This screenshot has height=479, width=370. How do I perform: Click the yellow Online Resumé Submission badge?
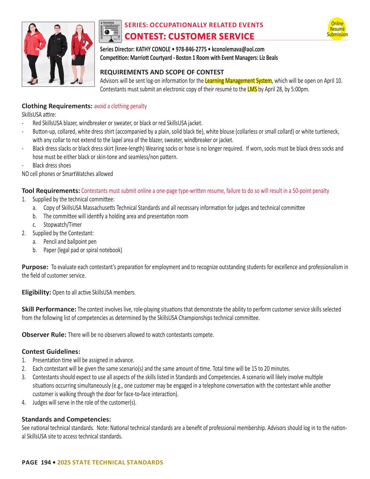(x=337, y=29)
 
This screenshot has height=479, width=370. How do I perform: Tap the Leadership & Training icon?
(x=110, y=31)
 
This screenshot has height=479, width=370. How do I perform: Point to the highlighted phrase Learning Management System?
(x=238, y=81)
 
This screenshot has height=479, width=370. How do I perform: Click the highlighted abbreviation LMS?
(x=252, y=89)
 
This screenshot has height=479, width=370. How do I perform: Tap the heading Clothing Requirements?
(x=57, y=106)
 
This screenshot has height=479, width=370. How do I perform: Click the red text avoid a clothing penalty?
(x=120, y=106)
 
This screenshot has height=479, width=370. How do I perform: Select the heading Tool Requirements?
(x=50, y=191)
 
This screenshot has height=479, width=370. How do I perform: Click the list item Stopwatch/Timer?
(x=63, y=225)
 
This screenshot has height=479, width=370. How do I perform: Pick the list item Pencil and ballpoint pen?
(x=70, y=242)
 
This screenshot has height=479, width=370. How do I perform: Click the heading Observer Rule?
(x=44, y=335)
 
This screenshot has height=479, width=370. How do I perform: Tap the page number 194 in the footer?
(x=46, y=462)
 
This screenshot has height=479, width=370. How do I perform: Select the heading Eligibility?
(x=36, y=292)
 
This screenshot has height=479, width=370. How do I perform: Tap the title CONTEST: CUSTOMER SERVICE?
(x=189, y=36)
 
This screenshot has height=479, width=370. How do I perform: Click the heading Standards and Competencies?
(x=66, y=419)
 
